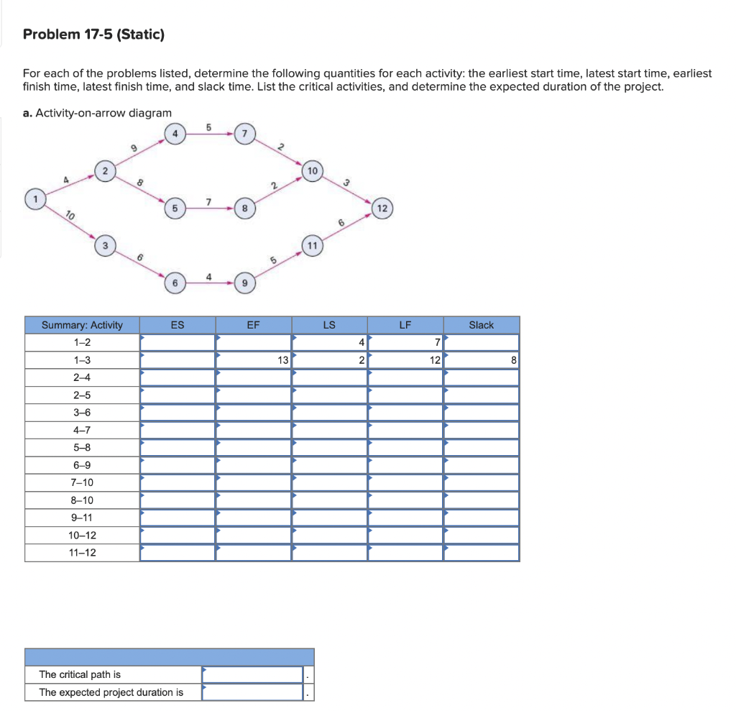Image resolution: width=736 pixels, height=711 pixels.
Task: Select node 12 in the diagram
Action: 382,208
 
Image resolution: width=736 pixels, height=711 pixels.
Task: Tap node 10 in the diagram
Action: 312,171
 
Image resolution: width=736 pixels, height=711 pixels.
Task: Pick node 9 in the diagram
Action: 245,283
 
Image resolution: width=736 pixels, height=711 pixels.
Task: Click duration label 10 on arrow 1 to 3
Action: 70,215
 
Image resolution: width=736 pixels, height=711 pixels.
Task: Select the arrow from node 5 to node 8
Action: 209,208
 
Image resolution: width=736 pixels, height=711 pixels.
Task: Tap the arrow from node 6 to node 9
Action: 209,283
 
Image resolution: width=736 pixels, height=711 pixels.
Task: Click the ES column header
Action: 178,325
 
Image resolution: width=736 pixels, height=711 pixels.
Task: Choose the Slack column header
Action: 481,325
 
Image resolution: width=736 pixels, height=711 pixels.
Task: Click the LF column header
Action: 405,325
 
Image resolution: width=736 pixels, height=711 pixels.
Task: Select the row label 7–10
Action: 83,482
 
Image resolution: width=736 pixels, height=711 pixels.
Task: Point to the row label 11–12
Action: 83,553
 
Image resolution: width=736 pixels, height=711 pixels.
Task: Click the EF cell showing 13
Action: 253,360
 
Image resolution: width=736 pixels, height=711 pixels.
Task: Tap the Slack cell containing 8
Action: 481,360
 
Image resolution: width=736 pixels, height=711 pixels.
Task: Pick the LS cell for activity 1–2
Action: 329,343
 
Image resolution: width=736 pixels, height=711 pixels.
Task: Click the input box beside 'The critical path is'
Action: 252,674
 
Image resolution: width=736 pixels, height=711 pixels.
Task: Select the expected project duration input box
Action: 252,692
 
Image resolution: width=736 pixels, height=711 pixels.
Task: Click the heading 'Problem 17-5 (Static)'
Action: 94,35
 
